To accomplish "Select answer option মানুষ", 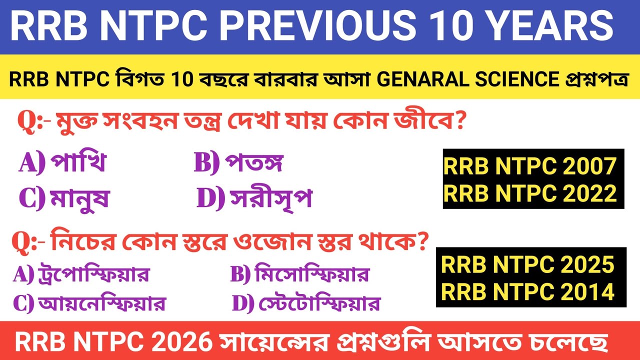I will [x=79, y=199].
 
